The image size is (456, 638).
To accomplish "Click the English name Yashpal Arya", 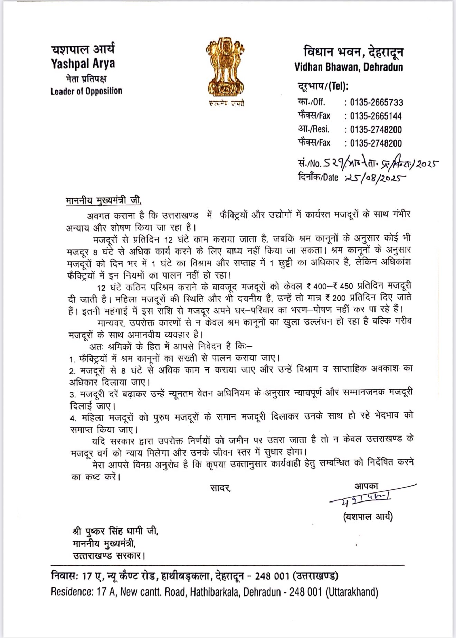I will tap(83, 64).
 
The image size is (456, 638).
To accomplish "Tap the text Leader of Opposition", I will tap(86, 91).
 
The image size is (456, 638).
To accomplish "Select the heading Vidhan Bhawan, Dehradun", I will tap(349, 67).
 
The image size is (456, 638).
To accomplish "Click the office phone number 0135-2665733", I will tap(377, 102).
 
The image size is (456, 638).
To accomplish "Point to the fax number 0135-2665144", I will tap(376, 116).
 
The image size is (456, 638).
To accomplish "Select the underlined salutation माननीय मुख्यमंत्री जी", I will tap(104, 200).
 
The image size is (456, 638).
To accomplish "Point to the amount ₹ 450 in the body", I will tap(349, 286).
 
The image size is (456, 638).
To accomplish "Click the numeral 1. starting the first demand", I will tap(72, 359).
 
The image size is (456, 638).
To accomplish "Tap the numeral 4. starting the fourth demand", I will tap(73, 419).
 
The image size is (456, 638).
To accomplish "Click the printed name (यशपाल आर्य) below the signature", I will tap(368, 517).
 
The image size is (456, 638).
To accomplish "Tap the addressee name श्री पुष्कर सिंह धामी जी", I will tap(115, 531).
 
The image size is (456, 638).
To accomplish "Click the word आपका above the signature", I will tap(366, 486).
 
